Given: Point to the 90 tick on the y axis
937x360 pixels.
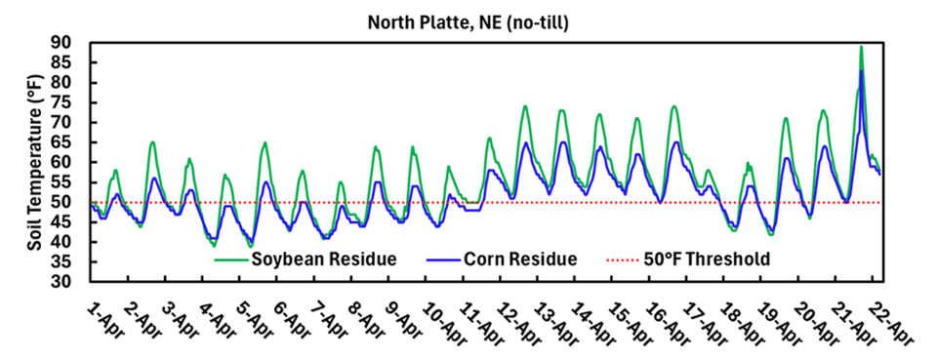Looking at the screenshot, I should [x=69, y=43].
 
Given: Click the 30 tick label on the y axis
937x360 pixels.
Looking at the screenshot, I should [x=69, y=282].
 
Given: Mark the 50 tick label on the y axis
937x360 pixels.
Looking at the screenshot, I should [x=69, y=202].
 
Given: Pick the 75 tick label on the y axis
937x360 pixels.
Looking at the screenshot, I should [x=69, y=102].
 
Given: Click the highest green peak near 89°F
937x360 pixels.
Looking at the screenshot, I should [x=861, y=47].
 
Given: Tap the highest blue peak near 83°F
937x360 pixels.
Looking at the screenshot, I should [x=861, y=71].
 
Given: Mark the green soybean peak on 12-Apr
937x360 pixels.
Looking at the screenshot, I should [x=525, y=106].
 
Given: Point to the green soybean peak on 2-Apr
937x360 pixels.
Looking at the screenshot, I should [x=152, y=142].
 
